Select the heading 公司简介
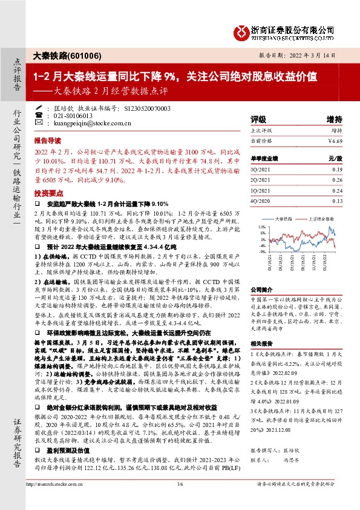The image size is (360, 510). pyautogui.click(x=261, y=290)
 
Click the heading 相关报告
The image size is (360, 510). pyautogui.click(x=261, y=342)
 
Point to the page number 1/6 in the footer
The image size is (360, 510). pyautogui.click(x=180, y=500)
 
